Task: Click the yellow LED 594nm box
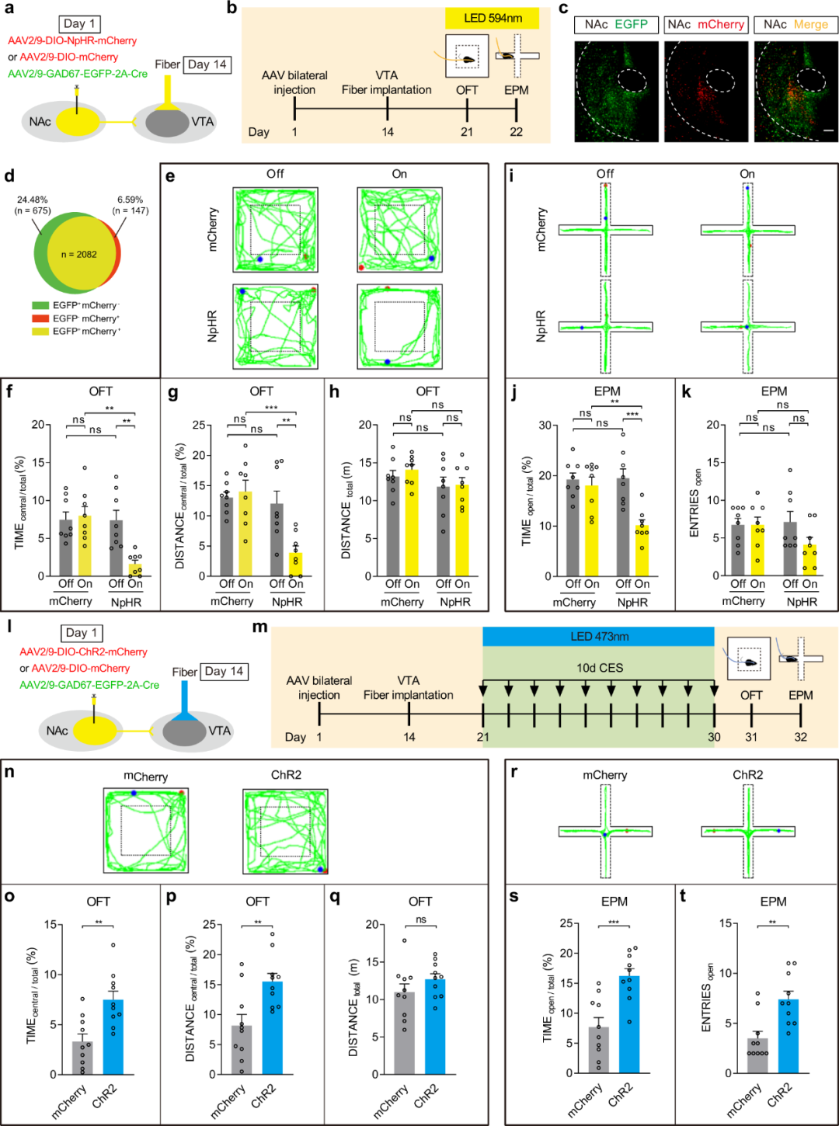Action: [493, 19]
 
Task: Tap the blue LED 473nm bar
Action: [598, 637]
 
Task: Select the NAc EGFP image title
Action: [616, 25]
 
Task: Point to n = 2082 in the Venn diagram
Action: [78, 255]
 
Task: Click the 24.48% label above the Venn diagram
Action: [33, 200]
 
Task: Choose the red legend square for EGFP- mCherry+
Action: [40, 318]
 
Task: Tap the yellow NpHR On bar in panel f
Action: [135, 566]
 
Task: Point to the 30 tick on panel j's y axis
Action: [545, 426]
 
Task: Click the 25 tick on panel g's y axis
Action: [199, 426]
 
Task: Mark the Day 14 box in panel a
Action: [207, 64]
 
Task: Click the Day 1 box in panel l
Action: [82, 633]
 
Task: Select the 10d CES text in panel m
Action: [599, 668]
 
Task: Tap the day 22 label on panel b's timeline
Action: [516, 132]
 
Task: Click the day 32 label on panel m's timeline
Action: [800, 737]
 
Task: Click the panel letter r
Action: [513, 772]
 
